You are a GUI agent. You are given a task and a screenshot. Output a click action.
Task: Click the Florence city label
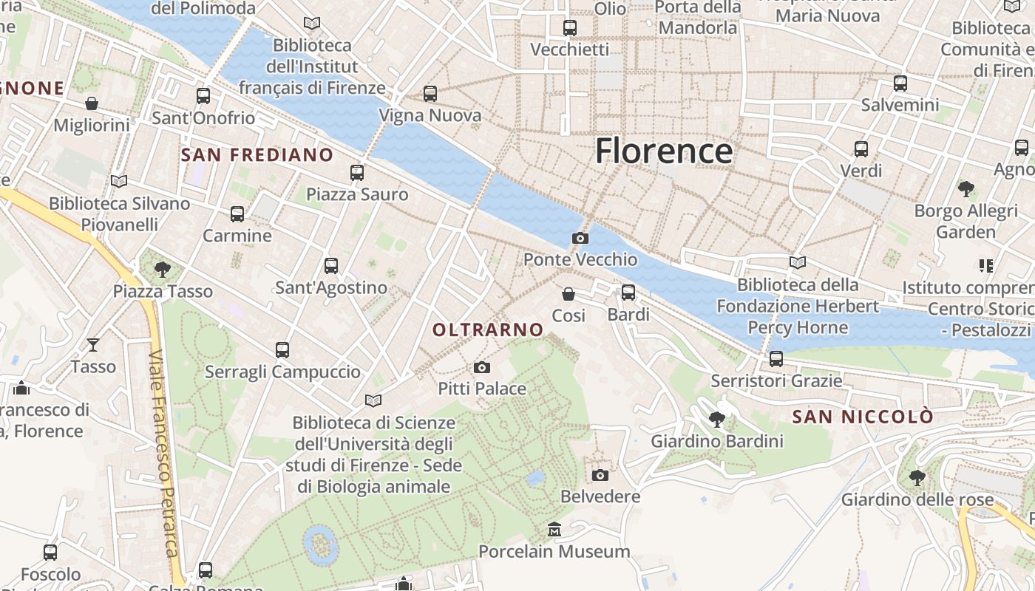664,151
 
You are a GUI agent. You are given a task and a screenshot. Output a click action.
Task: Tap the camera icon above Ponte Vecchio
580,238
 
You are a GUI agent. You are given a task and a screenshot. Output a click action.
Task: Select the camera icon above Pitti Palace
481,367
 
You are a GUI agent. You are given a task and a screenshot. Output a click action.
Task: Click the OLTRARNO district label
488,330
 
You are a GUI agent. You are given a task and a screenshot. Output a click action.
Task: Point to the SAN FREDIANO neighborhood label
257,154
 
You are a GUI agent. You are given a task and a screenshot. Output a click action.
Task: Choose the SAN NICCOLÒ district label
863,417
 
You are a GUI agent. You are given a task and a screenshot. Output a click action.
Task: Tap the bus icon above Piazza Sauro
357,173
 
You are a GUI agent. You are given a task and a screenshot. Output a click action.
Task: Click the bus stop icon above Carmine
237,214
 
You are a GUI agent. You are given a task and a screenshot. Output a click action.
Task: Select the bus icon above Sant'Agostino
331,266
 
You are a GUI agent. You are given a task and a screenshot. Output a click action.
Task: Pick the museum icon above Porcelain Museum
554,530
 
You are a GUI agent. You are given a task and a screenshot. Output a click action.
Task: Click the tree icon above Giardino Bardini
716,420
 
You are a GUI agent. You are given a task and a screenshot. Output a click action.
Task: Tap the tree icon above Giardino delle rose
917,477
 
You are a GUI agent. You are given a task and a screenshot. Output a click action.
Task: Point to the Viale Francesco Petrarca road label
163,454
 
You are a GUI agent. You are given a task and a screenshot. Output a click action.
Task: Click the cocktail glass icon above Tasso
93,344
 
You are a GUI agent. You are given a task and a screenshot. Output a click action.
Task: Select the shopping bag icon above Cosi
569,294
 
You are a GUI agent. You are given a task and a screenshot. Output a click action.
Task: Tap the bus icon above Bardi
628,293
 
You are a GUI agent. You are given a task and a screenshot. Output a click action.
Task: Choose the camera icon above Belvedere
600,474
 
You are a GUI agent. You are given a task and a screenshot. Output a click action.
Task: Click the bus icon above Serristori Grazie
776,359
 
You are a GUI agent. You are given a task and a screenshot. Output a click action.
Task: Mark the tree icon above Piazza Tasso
163,270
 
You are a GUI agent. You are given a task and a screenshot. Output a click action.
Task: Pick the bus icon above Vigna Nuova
430,94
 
